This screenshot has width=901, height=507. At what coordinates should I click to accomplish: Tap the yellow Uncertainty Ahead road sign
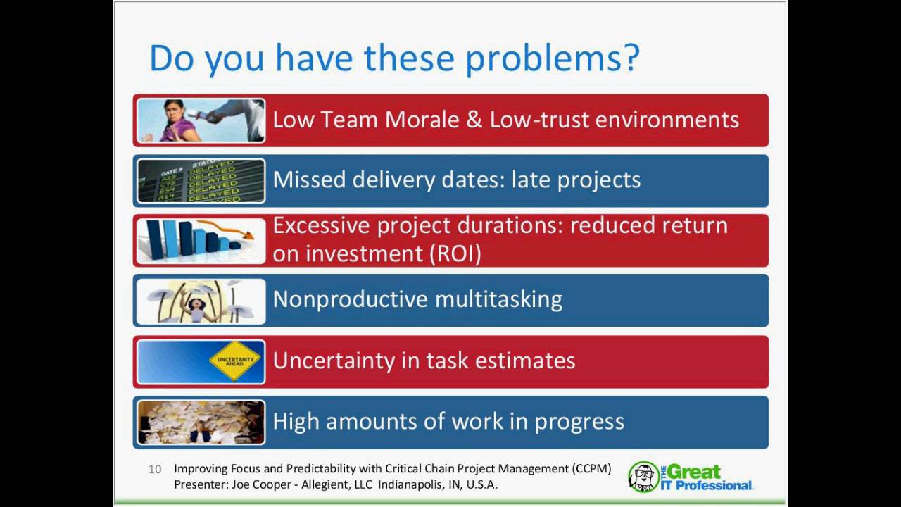point(234,361)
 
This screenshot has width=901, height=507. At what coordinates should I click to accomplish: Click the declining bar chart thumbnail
point(201,241)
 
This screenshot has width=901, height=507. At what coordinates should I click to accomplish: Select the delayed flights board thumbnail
point(201,181)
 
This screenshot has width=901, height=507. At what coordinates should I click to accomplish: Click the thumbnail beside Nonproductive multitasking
point(201,301)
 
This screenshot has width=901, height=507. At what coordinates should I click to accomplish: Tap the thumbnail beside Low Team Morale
point(201,120)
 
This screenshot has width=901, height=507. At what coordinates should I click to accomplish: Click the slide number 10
point(155,469)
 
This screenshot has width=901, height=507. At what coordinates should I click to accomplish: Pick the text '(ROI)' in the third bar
point(455,254)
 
